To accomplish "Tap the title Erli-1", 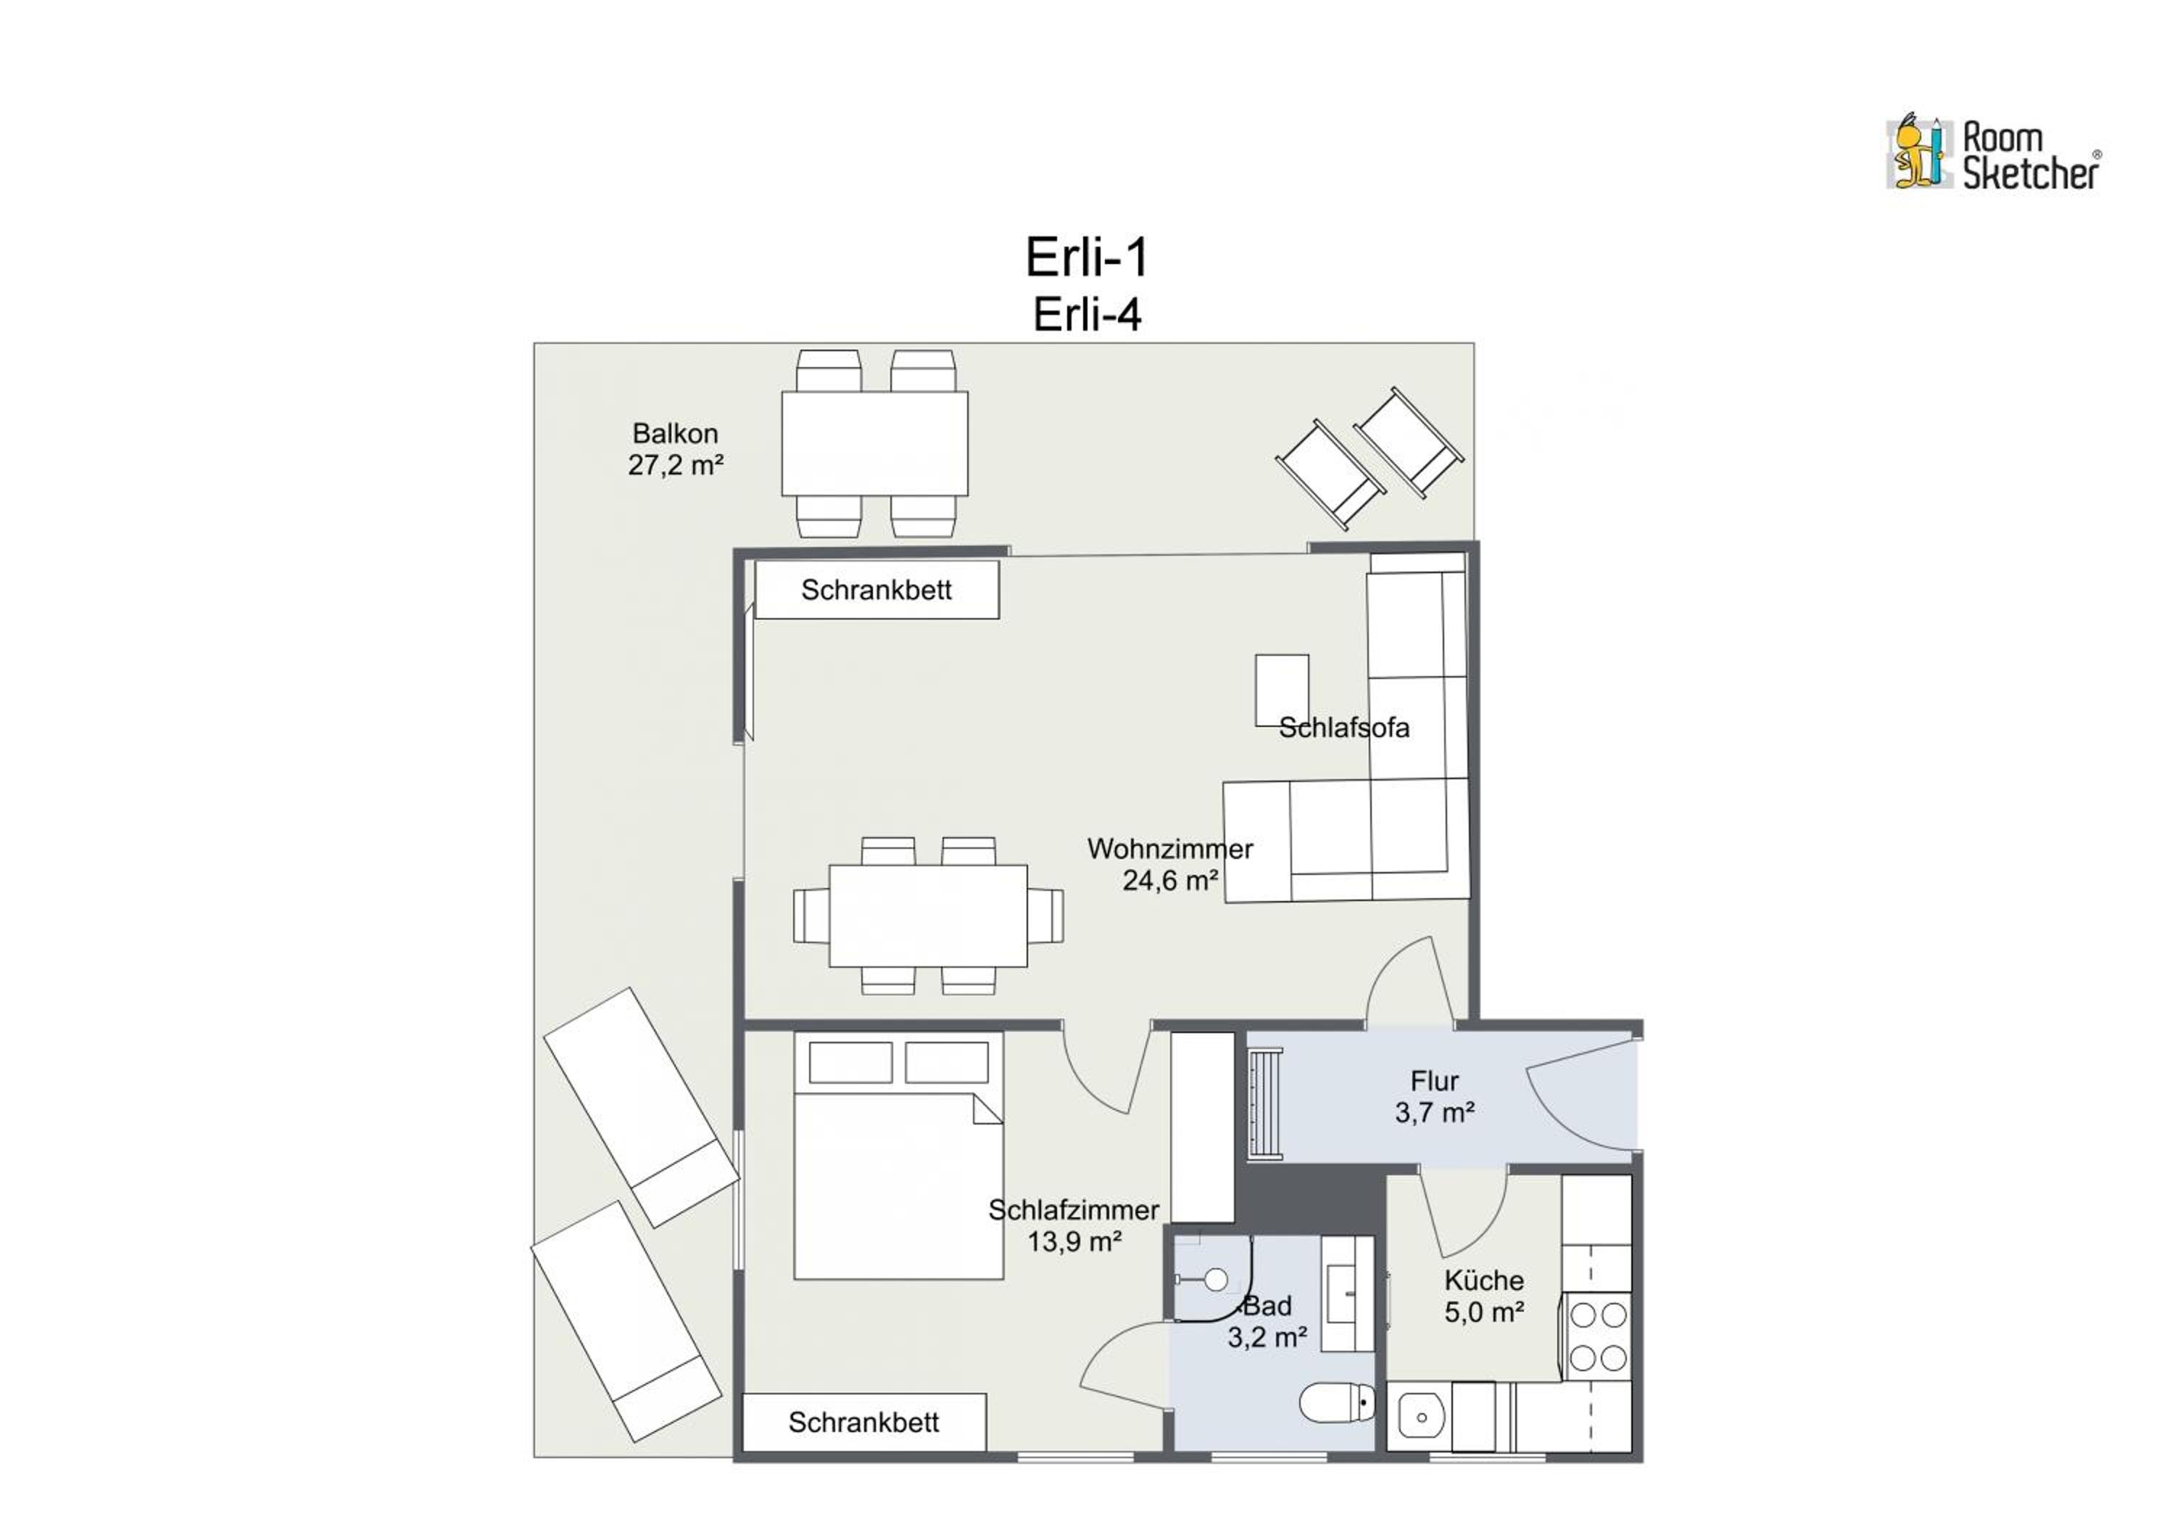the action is (x=1087, y=257).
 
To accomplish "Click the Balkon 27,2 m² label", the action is (x=676, y=449).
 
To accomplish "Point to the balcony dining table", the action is (x=874, y=443).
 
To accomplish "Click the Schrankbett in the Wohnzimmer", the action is (x=877, y=589).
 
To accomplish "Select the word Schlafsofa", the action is (x=1343, y=728).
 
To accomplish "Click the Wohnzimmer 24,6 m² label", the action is (x=1170, y=864).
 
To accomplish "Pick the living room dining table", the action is (x=928, y=916).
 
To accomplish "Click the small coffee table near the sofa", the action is (x=1282, y=690).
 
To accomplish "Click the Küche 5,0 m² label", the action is (x=1483, y=1296).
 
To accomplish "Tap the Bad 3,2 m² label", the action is (x=1267, y=1322).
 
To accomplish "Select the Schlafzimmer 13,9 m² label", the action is (x=1074, y=1225).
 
